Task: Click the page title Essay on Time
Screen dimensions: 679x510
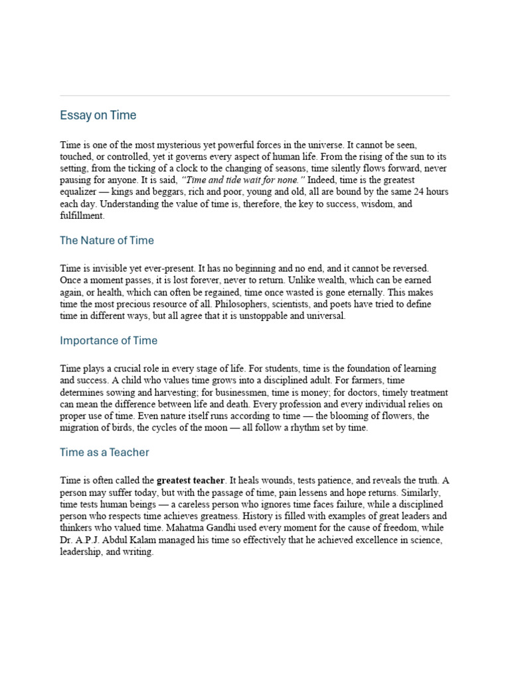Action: click(x=98, y=115)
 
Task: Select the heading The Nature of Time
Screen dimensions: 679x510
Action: click(x=106, y=241)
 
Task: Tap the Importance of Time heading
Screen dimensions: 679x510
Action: click(x=108, y=341)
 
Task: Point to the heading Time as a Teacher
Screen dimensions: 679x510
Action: click(x=104, y=453)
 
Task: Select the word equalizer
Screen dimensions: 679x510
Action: click(x=79, y=192)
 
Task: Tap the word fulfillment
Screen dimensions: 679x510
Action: click(x=82, y=216)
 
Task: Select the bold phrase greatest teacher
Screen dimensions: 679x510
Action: click(x=191, y=480)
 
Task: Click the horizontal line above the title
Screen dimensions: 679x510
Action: click(x=254, y=96)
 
